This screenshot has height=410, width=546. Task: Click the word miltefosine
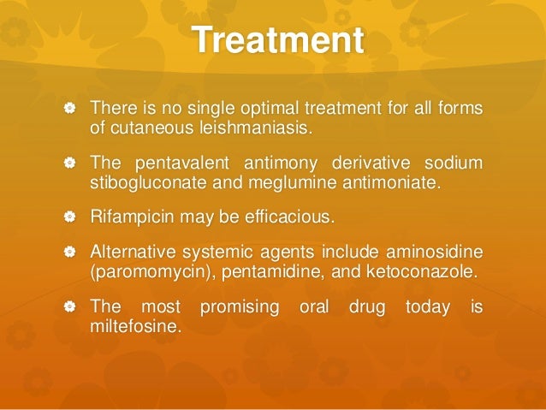[x=134, y=325]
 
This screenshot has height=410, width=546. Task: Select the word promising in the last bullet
[x=239, y=306]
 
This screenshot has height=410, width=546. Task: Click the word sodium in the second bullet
[x=457, y=163]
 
